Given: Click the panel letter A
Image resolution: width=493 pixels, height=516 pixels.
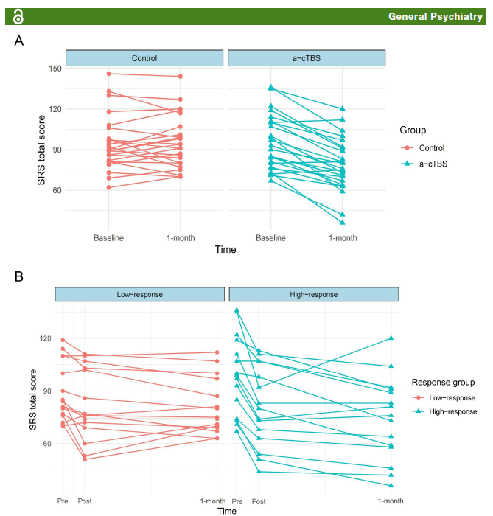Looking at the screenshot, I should (19, 41).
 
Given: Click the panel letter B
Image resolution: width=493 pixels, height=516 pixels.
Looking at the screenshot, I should (19, 276).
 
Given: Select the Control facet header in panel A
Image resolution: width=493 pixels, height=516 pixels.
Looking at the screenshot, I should (144, 58).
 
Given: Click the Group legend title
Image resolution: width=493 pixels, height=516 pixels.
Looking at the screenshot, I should (413, 130).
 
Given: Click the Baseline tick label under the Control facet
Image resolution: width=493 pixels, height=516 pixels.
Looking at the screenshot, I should (109, 238).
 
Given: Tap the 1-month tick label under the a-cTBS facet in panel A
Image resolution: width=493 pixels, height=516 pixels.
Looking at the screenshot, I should (343, 238).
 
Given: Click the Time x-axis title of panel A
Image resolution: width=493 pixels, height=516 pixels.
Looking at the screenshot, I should (225, 250).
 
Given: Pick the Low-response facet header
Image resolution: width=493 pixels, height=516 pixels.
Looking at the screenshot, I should (139, 294).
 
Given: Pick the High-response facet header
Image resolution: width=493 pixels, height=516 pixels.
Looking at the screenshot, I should (312, 294).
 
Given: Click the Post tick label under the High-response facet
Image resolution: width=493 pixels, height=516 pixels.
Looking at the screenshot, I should (259, 501).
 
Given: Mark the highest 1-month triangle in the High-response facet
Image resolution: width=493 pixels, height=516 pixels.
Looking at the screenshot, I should (391, 338).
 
